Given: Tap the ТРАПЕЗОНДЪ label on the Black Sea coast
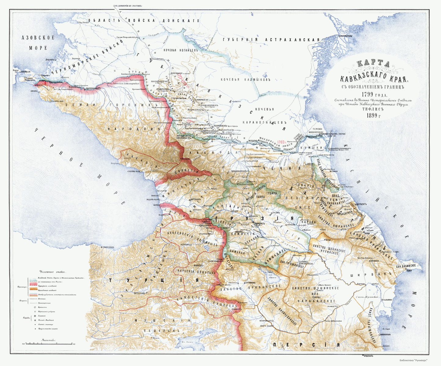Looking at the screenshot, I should pyautogui.click(x=109, y=247).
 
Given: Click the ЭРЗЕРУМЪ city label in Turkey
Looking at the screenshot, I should pyautogui.click(x=136, y=293).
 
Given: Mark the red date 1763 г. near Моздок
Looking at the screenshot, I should pyautogui.click(x=281, y=142).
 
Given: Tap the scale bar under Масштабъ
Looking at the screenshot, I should pyautogui.click(x=50, y=343).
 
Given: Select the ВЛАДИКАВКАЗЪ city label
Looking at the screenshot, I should pyautogui.click(x=239, y=171).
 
